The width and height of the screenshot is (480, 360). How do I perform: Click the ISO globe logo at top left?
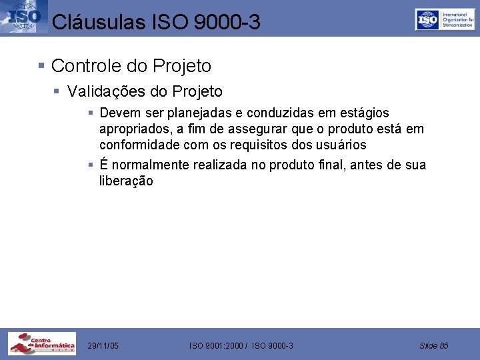pos(21,17)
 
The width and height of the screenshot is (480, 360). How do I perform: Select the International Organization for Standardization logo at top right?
pos(444,19)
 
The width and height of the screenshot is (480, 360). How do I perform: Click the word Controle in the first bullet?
pos(81,66)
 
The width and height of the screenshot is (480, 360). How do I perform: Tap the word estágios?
pos(365,113)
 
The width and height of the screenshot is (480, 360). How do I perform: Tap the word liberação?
pos(126,181)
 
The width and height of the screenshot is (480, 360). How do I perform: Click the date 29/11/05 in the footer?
pos(103,345)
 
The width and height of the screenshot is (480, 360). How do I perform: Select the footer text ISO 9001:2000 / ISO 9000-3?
pos(241,345)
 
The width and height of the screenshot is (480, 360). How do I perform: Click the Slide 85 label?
pos(434,345)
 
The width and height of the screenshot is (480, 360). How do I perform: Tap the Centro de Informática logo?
pos(42,344)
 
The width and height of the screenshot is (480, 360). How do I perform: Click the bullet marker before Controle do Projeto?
pos(41,66)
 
